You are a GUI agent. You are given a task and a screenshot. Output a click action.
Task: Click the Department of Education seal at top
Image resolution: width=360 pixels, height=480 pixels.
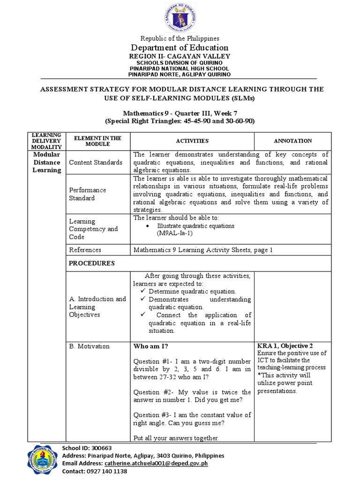(180, 18)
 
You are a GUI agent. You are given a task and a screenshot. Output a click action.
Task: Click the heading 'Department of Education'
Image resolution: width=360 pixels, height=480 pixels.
(180, 47)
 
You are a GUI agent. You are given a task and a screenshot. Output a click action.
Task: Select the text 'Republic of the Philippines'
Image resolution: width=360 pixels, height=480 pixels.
(180, 38)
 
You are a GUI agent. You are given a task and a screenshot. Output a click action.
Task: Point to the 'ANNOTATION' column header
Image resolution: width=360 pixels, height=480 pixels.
(292, 141)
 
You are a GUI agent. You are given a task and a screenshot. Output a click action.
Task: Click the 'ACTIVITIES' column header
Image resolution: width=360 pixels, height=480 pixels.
(192, 141)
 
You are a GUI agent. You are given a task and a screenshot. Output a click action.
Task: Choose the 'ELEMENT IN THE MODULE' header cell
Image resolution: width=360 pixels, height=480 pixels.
(95, 141)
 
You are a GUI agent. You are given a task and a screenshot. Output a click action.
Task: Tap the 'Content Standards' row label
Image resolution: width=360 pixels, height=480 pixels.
(96, 162)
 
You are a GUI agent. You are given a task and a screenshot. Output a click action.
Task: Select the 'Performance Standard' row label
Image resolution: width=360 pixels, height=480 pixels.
(88, 194)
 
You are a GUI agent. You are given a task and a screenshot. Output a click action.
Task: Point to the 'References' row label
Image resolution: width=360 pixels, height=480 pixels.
(85, 250)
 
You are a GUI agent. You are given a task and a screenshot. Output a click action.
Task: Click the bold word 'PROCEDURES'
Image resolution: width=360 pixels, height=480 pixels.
(92, 263)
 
